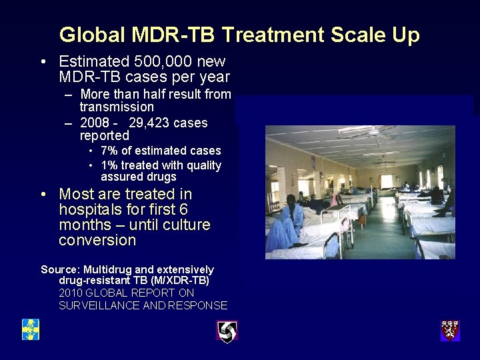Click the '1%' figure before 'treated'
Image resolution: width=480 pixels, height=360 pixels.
pyautogui.click(x=111, y=165)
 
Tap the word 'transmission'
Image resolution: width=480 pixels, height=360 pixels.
pyautogui.click(x=117, y=107)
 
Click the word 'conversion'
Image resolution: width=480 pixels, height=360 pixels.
pyautogui.click(x=97, y=240)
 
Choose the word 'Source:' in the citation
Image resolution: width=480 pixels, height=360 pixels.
pyautogui.click(x=60, y=269)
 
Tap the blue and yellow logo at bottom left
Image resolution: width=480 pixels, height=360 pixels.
pyautogui.click(x=30, y=329)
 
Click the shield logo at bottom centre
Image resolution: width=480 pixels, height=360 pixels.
pyautogui.click(x=227, y=331)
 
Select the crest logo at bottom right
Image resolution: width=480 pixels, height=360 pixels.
pyautogui.click(x=450, y=330)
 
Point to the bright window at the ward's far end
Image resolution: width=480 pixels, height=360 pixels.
pyautogui.click(x=387, y=181)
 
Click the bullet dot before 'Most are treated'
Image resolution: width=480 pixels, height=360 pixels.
pyautogui.click(x=43, y=195)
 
